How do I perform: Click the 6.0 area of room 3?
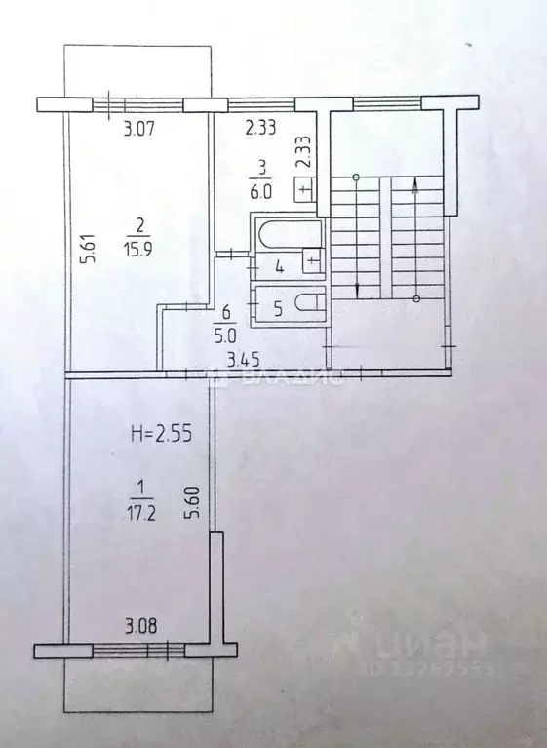point(258,193)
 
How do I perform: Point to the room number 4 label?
point(279,265)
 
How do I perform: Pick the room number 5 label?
point(278,310)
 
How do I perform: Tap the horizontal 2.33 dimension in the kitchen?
point(260,125)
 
